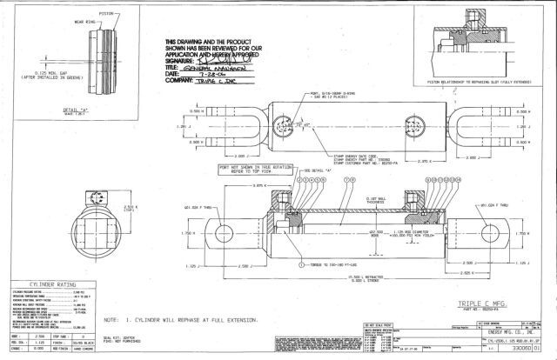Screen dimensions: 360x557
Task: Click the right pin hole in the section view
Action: [x=495, y=232]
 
